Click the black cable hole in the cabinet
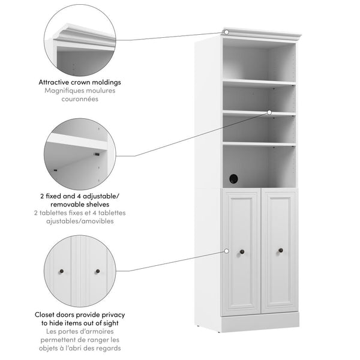[233, 179]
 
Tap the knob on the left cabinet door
[242, 252]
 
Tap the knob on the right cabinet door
[281, 250]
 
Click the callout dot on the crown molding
[226, 32]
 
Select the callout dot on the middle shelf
[269, 113]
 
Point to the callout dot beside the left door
[226, 251]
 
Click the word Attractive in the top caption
[53, 82]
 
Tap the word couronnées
[80, 99]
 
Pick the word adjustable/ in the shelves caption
[101, 196]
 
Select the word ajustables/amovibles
[80, 221]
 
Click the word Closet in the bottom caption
[45, 314]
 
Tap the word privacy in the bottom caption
[113, 315]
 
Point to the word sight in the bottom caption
[110, 323]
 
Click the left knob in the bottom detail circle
[61, 271]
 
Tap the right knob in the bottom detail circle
[98, 271]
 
